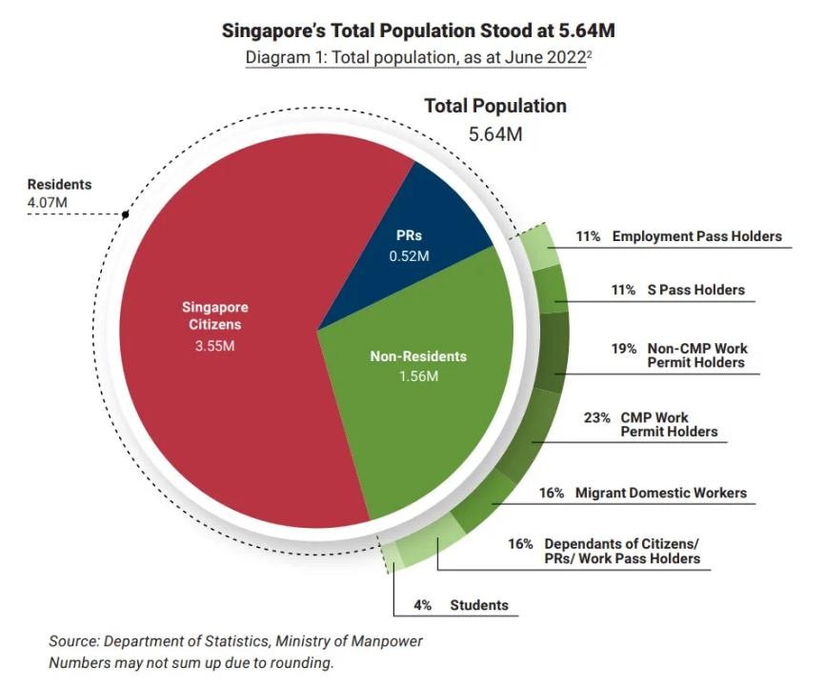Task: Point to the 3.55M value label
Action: pyautogui.click(x=215, y=345)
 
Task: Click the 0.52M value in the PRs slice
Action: pyautogui.click(x=410, y=256)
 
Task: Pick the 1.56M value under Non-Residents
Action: pyautogui.click(x=418, y=376)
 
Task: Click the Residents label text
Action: pyautogui.click(x=59, y=185)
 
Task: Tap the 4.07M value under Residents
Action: pyautogui.click(x=48, y=202)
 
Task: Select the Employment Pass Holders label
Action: pyautogui.click(x=696, y=236)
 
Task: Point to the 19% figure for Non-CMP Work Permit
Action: pyautogui.click(x=624, y=349)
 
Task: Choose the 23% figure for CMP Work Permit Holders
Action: pyautogui.click(x=597, y=417)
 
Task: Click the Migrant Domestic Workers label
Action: pyautogui.click(x=660, y=494)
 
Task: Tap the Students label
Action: pyautogui.click(x=479, y=605)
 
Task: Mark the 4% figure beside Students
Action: pyautogui.click(x=423, y=605)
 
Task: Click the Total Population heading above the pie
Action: pyautogui.click(x=495, y=106)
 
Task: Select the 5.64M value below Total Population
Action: pyautogui.click(x=495, y=133)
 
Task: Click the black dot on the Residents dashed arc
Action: pyautogui.click(x=125, y=214)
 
